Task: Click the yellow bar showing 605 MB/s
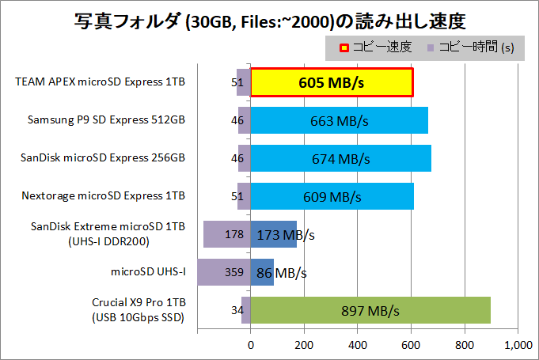332,82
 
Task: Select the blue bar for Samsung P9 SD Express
340,120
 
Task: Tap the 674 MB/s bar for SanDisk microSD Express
341,158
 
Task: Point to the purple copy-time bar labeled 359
224,272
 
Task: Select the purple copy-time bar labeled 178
227,234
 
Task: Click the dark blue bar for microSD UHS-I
262,272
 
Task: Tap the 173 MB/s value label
286,235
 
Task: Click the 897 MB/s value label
371,310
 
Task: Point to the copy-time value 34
237,310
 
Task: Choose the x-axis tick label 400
358,345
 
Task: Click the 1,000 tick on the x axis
517,345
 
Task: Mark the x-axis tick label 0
251,345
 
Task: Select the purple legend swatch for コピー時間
430,47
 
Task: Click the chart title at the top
269,17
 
